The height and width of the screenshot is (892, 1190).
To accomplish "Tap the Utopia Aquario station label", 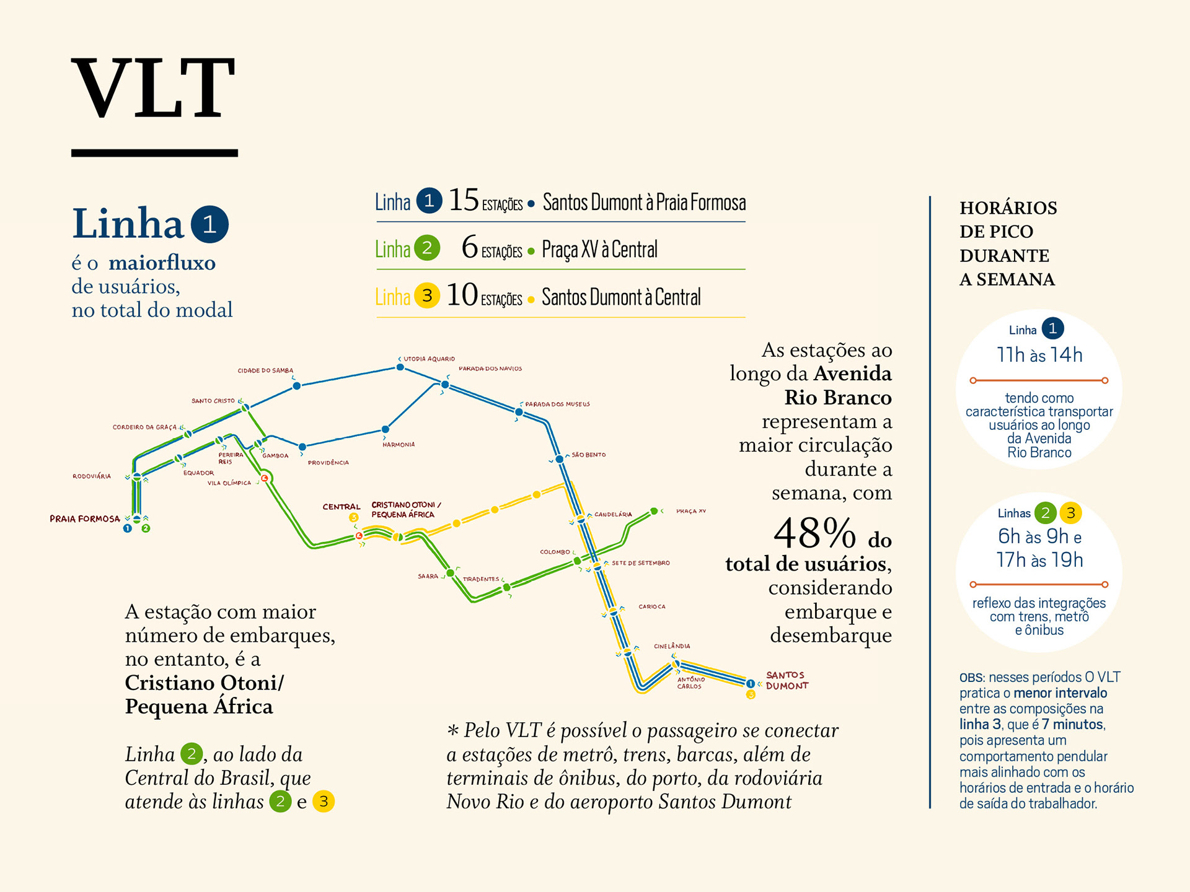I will coord(429,359).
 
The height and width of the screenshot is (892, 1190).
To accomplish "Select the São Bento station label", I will coord(588,455).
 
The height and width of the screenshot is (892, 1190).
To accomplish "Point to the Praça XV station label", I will coord(690,511).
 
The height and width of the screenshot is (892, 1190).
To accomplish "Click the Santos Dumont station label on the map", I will coord(787,680).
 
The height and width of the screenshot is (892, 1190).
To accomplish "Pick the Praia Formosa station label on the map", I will coord(85,519).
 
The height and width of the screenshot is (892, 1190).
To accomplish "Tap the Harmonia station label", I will coord(399,444).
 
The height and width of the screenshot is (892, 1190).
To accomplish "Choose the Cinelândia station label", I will coord(672,646).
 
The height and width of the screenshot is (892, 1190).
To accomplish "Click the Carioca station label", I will coord(652,606).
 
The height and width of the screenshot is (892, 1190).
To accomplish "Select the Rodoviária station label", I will coord(92,476).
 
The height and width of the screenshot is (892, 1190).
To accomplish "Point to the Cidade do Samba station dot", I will coord(297,386).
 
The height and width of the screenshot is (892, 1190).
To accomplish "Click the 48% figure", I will coord(814,534).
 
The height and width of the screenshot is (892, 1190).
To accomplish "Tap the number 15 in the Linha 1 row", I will coord(464,201).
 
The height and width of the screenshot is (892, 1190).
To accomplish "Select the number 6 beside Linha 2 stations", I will coord(470,248).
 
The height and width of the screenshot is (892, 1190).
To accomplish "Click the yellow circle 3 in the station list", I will coord(427,296).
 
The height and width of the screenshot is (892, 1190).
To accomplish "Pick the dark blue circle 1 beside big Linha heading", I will coord(209,224).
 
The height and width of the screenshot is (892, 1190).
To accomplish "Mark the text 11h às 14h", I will coord(1039,355).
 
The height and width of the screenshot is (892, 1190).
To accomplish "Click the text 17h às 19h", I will coord(1039,560).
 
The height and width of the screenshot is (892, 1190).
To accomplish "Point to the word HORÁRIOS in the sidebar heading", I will coord(1008,208).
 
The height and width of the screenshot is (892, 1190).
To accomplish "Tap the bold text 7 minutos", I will coord(1073,724).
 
